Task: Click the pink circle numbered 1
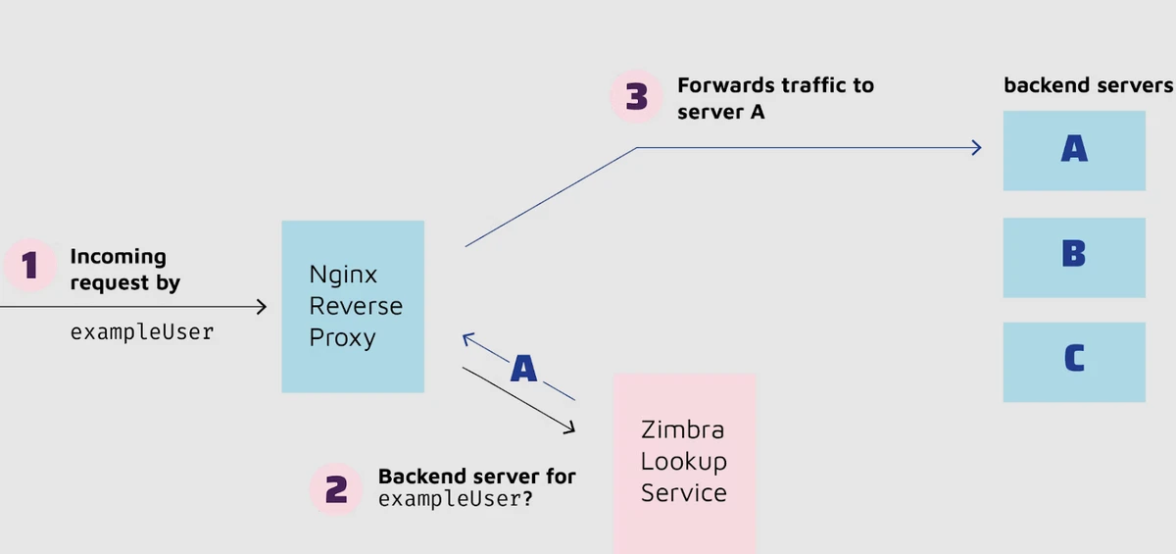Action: [x=29, y=265]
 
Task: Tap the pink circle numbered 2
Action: [x=336, y=488]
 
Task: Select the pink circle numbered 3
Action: [x=637, y=97]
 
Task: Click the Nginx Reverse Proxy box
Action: [x=353, y=306]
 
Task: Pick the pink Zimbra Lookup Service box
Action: [x=684, y=461]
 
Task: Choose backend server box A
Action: [x=1074, y=150]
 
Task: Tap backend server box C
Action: [x=1074, y=362]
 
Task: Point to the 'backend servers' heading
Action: [x=1088, y=85]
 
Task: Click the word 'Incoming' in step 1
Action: [x=118, y=257]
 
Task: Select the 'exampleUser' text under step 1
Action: [x=141, y=331]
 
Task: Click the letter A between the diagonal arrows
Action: [x=523, y=369]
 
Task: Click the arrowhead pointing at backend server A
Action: [x=977, y=147]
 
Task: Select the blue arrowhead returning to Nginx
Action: [x=466, y=337]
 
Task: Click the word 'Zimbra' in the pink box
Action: [x=682, y=429]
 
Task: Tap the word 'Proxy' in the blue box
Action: [x=342, y=337]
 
